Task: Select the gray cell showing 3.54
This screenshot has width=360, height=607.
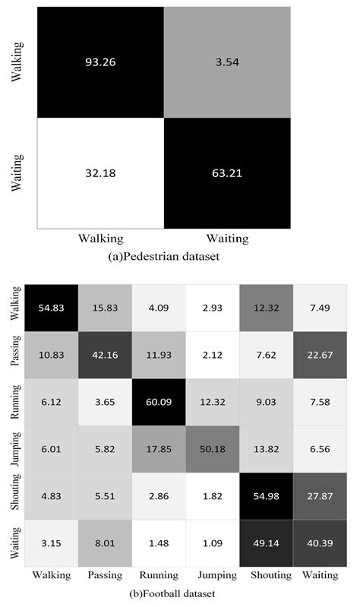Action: pos(226,62)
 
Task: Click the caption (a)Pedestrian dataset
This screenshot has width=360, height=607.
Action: pos(165,257)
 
